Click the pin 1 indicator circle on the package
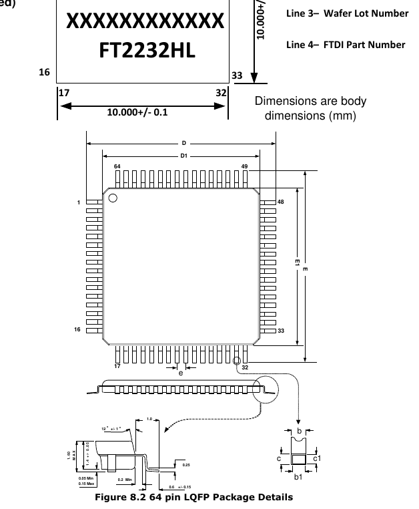coord(113,198)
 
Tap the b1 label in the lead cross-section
coord(299,476)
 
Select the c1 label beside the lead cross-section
coord(318,458)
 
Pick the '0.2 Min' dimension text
coord(125,479)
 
